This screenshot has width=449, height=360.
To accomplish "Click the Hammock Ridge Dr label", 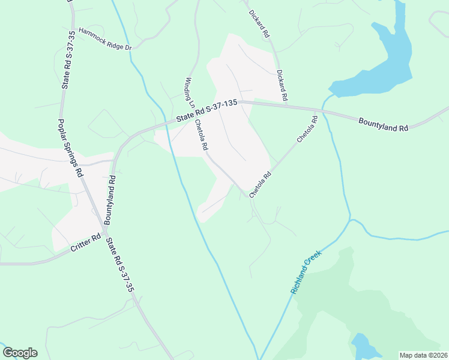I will (105, 38).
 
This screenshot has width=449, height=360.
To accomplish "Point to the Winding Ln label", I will (189, 92).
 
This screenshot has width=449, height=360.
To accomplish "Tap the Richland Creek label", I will (306, 272).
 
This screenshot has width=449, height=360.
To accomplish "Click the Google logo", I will (20, 353).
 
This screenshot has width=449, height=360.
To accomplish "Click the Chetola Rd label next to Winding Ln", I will (201, 135).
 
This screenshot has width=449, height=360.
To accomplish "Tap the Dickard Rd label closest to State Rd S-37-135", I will (283, 85).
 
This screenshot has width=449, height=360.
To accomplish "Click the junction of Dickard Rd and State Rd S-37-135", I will (285, 105).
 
